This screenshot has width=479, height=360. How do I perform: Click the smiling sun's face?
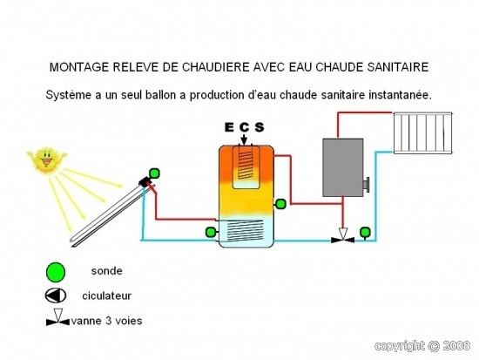[47, 160]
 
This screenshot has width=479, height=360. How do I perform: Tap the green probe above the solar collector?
[154, 173]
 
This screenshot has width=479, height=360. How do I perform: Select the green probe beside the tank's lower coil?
[211, 232]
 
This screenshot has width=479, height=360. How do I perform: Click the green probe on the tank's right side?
[280, 204]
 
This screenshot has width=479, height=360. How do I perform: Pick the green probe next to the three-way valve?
[365, 232]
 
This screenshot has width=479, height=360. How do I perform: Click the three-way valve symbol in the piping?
[343, 236]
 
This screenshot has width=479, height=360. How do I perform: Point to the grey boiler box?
[343, 167]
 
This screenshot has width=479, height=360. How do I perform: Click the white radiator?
[422, 132]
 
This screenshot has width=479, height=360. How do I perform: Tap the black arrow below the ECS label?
[244, 139]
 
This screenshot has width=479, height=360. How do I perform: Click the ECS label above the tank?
[245, 127]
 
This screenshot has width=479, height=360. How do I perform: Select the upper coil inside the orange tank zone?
[246, 166]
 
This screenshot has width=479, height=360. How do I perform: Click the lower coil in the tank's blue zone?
[245, 230]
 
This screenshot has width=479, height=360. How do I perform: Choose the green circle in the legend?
[56, 272]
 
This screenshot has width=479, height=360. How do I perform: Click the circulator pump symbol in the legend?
[55, 295]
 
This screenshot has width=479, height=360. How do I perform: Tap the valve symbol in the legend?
[57, 317]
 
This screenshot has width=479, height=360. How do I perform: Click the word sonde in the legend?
[106, 271]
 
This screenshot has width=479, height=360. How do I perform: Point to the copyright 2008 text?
[422, 346]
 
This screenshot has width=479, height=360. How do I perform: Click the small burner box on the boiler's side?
[366, 185]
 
